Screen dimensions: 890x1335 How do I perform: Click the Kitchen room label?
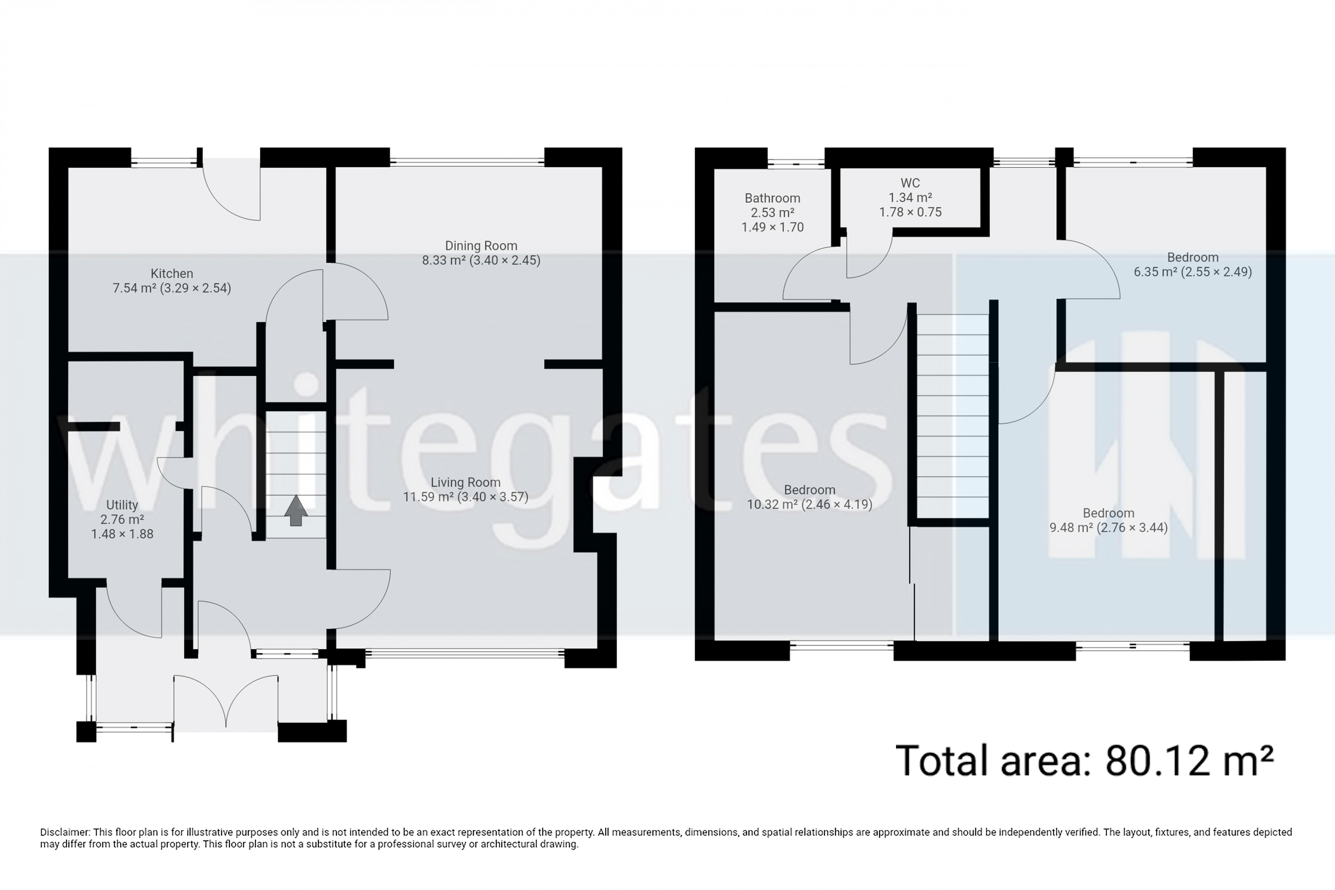click(172, 273)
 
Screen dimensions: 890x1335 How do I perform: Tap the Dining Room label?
click(481, 246)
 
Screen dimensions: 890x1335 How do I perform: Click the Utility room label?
click(122, 504)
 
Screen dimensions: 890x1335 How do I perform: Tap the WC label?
click(910, 183)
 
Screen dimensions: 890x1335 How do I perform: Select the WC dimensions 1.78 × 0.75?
click(910, 212)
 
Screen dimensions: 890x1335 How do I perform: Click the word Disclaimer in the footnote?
click(64, 832)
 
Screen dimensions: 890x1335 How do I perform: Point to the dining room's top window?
click(467, 162)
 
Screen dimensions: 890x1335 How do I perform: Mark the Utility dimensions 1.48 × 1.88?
click(122, 534)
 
